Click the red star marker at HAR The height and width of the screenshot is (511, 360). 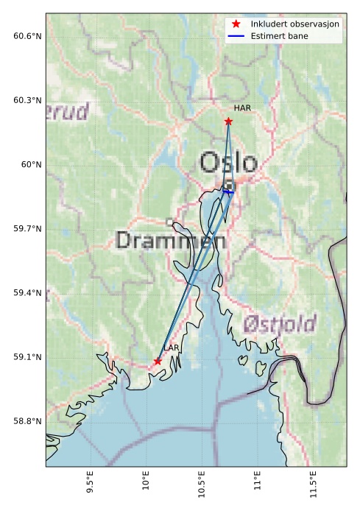[228, 121]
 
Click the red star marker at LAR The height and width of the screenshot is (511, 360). [158, 361]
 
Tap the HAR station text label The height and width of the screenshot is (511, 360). [243, 108]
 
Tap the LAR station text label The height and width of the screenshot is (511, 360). [172, 348]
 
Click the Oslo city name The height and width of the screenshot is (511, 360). [229, 163]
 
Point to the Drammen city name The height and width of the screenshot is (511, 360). [171, 240]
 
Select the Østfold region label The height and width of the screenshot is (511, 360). [280, 323]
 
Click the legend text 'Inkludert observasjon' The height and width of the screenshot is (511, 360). [294, 24]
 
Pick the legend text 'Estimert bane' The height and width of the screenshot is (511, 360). [279, 36]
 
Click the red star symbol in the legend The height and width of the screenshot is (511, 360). [236, 24]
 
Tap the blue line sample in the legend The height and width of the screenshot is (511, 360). [236, 36]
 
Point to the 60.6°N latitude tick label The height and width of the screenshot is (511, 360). [28, 36]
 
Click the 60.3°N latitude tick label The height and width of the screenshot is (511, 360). [28, 100]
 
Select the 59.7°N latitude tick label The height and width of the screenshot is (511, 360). [28, 229]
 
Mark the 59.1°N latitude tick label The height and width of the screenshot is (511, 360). [28, 357]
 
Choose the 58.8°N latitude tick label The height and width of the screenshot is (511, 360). [28, 421]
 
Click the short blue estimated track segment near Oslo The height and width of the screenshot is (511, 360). [228, 191]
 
